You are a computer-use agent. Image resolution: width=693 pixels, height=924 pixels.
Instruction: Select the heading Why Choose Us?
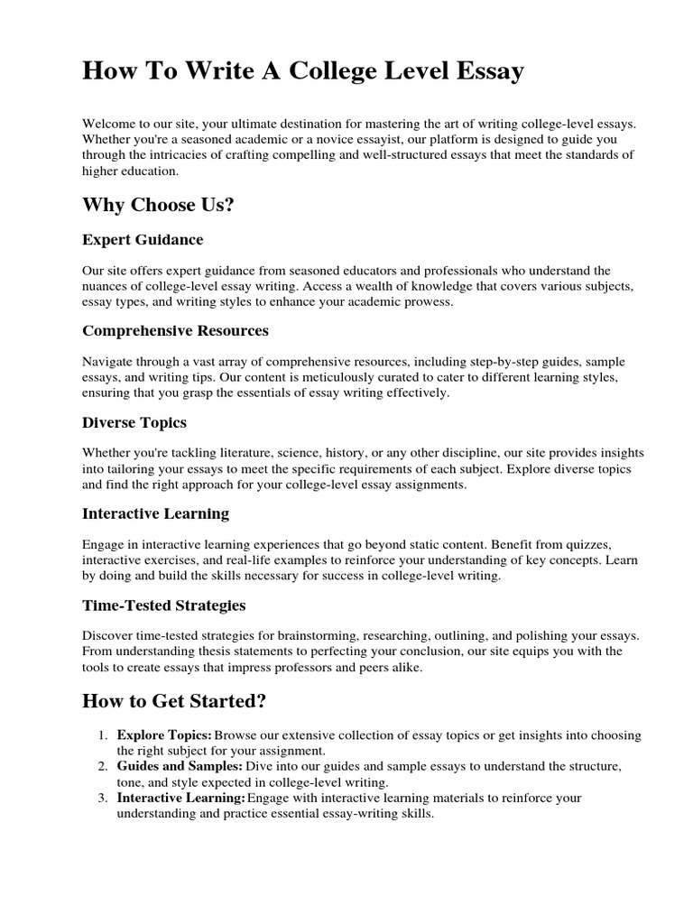coord(158,205)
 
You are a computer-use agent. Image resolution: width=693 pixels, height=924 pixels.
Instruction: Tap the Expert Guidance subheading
coord(143,240)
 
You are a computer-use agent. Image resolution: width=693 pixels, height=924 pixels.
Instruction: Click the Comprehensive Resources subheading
coord(175,330)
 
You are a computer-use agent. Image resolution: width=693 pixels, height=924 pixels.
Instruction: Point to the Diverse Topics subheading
coord(134,422)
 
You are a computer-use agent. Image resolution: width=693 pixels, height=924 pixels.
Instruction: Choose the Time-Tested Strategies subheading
coord(163,605)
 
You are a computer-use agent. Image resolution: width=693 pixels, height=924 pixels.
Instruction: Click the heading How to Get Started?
coord(174,701)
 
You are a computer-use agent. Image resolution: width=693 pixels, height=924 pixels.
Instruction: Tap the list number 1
coord(104,735)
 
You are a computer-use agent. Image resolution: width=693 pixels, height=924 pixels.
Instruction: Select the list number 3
coord(104,799)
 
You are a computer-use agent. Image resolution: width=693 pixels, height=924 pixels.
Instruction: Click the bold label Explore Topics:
coord(164,735)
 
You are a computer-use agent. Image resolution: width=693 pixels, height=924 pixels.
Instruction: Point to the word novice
coord(374,139)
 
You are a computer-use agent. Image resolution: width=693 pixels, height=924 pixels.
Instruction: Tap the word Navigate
coord(109,362)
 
